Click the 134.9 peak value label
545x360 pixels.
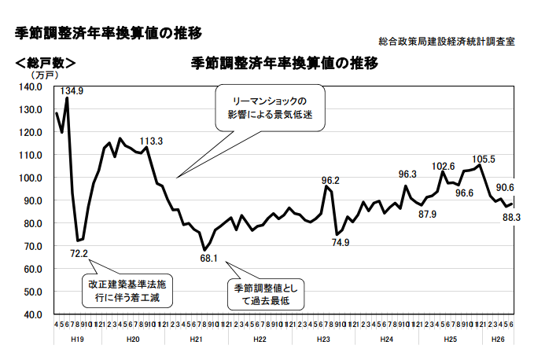point(72,91)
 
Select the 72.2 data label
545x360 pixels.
point(79,254)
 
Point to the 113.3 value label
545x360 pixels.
point(151,141)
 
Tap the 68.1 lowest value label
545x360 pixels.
point(208,258)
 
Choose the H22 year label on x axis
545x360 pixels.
point(260,339)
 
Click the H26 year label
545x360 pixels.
point(498,339)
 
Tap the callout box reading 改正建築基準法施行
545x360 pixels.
point(127,290)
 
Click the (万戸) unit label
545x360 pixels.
point(43,75)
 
